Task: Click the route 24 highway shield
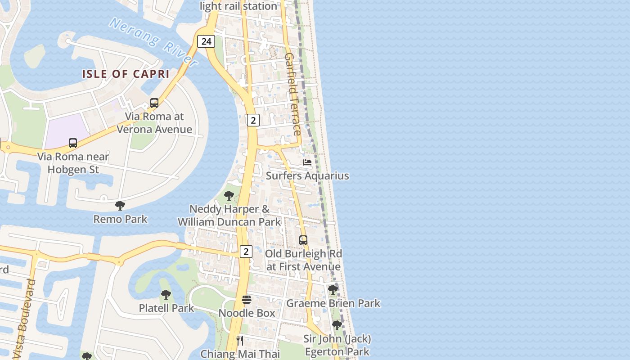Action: coord(206,41)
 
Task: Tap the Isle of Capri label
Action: coord(126,74)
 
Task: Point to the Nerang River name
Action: coord(153,41)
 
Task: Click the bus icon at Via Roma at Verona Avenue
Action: coord(154,103)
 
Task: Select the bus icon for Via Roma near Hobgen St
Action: coord(73,143)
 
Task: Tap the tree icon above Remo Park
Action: coord(120,206)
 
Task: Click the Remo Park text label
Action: coord(120,219)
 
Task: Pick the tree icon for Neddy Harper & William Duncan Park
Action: coord(229,196)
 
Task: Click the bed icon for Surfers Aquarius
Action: coord(307,162)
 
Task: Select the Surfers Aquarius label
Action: coord(307,175)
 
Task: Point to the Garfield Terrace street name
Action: coord(292,94)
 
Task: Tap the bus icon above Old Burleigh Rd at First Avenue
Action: coord(303,240)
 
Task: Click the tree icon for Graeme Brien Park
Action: coord(333,290)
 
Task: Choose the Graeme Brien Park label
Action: coord(333,303)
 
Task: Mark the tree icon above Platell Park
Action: coord(166,295)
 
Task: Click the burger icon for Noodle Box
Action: coord(247,300)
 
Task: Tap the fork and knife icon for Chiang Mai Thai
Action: coord(240,341)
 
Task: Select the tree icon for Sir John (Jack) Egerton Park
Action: coord(337,325)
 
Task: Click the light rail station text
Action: coord(238,6)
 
